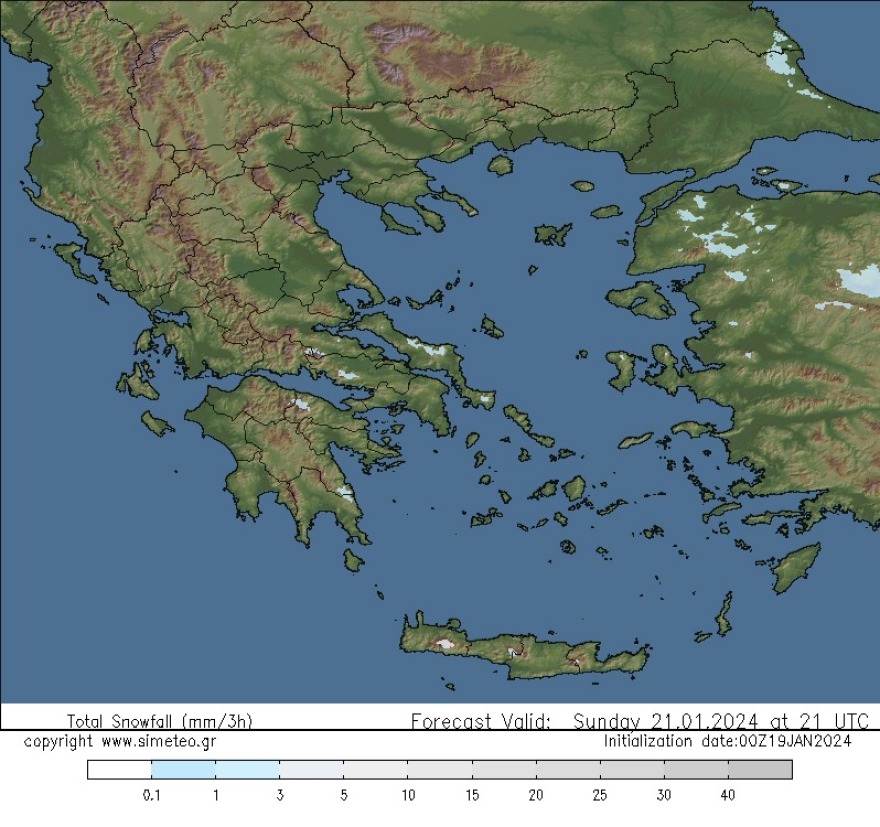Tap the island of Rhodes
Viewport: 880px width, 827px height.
point(797,566)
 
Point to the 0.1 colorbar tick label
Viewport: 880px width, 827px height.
point(152,795)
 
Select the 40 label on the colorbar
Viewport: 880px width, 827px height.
point(728,795)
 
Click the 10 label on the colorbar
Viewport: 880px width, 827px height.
point(408,795)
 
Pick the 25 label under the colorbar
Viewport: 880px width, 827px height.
point(600,795)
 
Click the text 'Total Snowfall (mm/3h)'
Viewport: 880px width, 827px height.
point(160,721)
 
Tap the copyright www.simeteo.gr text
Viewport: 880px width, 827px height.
point(119,741)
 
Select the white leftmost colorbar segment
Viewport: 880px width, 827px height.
point(119,769)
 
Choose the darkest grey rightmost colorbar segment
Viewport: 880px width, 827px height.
point(760,769)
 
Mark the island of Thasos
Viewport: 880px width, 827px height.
point(500,165)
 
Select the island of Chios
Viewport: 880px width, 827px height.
point(620,370)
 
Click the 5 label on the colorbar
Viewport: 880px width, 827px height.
point(343,795)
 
